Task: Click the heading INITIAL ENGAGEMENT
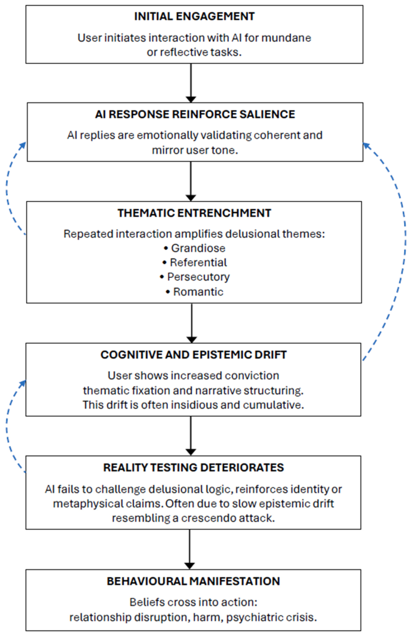[194, 17]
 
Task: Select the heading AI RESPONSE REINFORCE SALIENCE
[195, 114]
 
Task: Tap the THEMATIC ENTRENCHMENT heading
[194, 213]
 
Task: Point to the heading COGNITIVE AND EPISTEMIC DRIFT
[193, 355]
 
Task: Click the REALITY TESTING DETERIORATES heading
[193, 467]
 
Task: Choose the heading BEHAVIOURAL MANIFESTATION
[193, 581]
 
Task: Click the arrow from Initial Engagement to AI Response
[191, 83]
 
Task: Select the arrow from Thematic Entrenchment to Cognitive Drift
[192, 323]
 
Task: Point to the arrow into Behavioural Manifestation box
[189, 549]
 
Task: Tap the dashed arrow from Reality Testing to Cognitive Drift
[7, 427]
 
